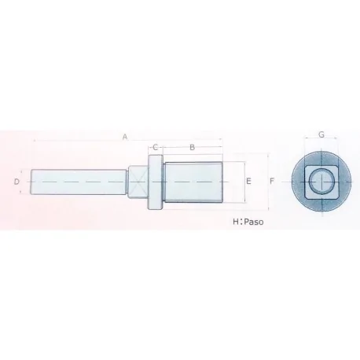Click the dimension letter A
tap(124, 138)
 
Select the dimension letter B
tap(193, 147)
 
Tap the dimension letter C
tap(156, 147)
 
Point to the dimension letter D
tap(17, 182)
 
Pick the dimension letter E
tap(248, 182)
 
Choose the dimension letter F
tap(271, 182)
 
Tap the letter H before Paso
tap(234, 222)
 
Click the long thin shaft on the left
tap(79, 182)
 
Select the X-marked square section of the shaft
tap(138, 182)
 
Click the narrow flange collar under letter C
tap(156, 182)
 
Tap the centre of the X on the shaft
tap(138, 182)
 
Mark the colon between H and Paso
tap(242, 222)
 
